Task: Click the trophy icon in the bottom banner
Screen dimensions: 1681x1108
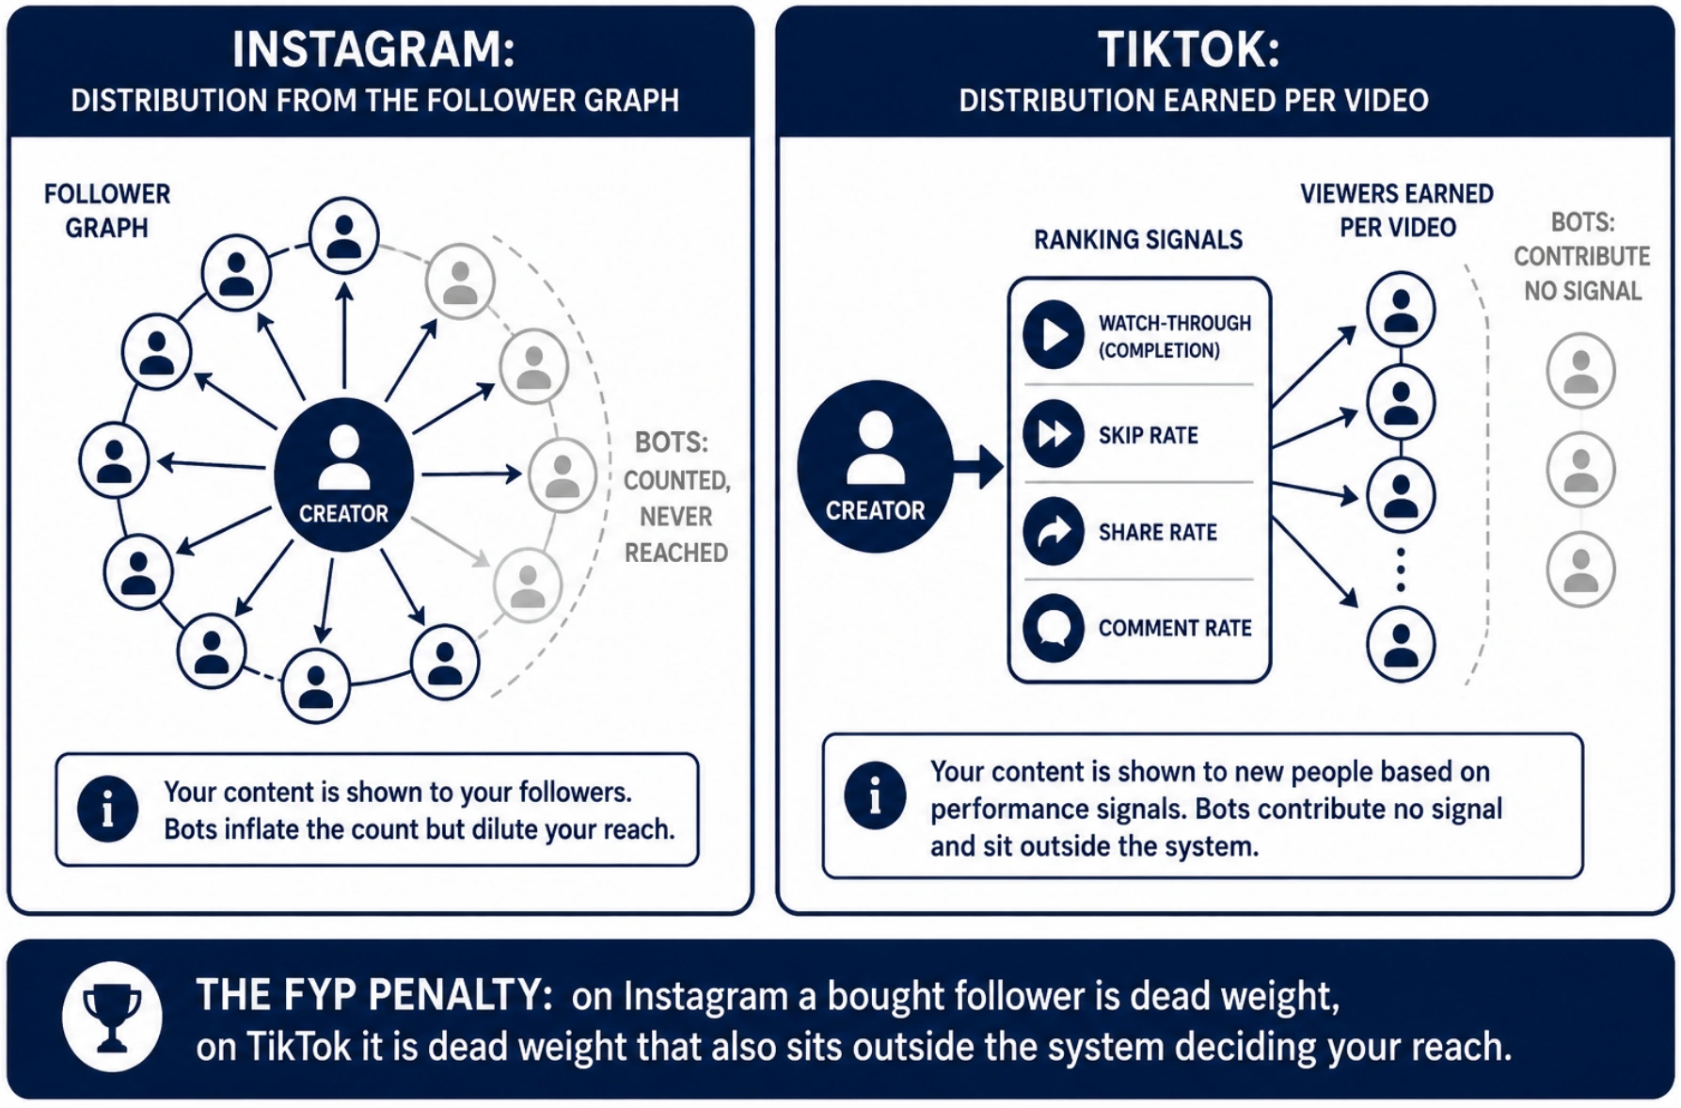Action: point(112,1017)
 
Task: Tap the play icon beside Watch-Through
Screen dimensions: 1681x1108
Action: point(1054,334)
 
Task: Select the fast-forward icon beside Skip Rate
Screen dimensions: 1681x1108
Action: point(1054,434)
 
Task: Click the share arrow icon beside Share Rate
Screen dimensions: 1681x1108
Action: point(1054,531)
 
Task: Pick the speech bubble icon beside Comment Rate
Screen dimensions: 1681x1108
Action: point(1054,628)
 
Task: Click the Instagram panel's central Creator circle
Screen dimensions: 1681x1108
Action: point(343,474)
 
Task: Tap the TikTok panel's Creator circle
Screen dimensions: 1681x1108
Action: point(876,467)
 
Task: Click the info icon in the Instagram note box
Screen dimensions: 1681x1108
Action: point(107,809)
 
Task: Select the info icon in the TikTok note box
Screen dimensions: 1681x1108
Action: point(875,795)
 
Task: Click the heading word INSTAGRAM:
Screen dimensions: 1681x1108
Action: point(374,50)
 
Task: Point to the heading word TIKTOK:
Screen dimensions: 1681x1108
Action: point(1189,50)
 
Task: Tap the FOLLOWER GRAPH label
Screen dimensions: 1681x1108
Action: point(107,211)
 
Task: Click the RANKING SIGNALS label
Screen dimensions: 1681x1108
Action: point(1138,240)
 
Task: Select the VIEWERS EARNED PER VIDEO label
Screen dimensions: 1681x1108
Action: point(1397,210)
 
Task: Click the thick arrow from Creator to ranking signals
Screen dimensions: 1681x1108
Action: point(979,467)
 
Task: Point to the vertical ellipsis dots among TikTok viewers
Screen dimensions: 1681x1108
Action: point(1401,570)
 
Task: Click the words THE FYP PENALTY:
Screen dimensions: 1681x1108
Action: point(374,994)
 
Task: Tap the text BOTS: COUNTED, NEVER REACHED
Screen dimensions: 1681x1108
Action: point(676,497)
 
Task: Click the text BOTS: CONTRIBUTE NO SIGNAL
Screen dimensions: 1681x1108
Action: point(1582,256)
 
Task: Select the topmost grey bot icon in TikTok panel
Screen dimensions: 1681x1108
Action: point(1581,370)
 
